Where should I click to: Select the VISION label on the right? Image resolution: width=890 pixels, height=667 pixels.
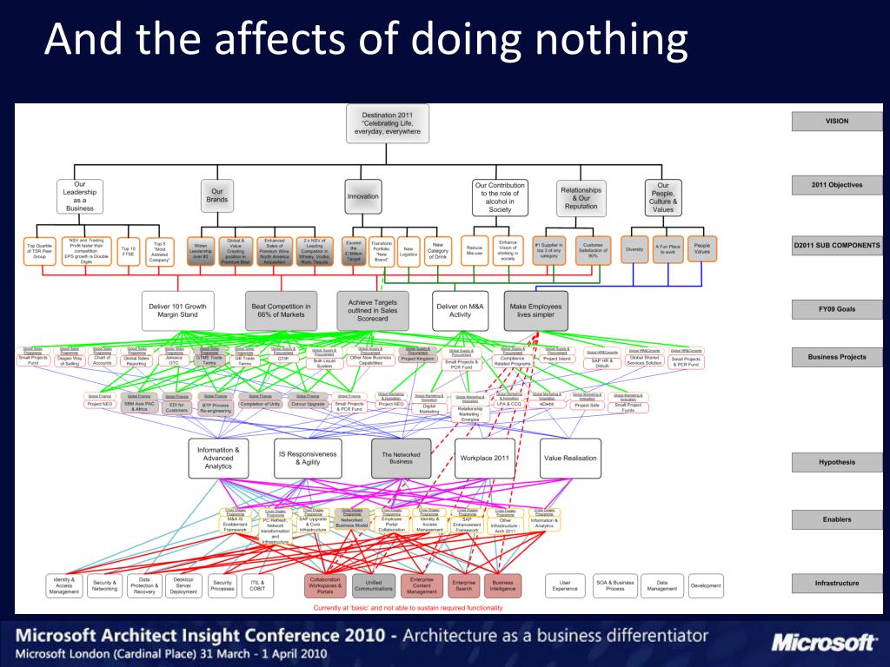point(836,122)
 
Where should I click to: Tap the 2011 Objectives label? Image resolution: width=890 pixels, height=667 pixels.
point(836,185)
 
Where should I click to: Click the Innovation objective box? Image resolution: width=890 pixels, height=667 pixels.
point(363,196)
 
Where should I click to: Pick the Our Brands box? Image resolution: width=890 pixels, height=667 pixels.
point(217,195)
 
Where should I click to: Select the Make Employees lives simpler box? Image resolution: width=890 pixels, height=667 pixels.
point(537,309)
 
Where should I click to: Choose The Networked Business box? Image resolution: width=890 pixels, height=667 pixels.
point(401,457)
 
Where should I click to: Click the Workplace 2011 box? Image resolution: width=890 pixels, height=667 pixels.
point(484,457)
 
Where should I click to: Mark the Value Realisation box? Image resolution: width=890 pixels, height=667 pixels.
point(570,457)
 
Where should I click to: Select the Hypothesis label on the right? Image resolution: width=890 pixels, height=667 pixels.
point(836,463)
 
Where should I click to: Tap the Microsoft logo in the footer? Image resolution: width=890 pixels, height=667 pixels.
point(821,643)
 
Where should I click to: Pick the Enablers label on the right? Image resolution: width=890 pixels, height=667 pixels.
point(836,519)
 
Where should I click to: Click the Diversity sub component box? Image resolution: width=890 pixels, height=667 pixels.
point(634,249)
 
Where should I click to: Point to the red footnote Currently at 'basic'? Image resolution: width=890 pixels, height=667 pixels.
point(408,608)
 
